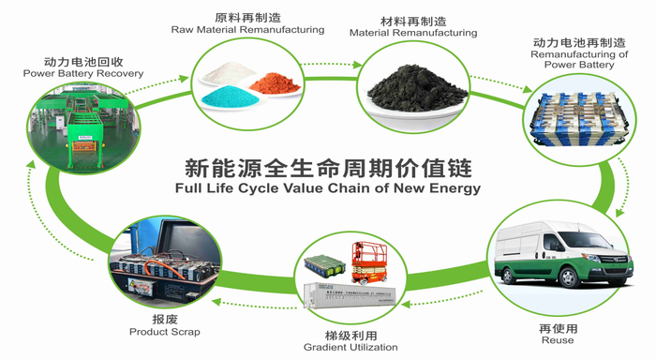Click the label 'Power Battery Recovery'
83,73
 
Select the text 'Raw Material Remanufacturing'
247,30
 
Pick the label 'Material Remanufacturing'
413,33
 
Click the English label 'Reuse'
558,340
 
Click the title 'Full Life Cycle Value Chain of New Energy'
328,187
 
